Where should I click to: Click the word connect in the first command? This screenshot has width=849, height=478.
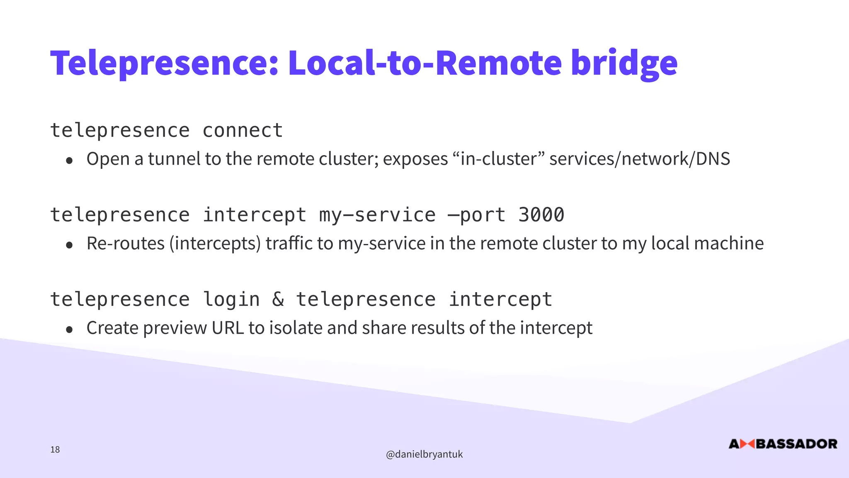pos(243,131)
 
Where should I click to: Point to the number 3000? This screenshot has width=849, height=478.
pos(541,215)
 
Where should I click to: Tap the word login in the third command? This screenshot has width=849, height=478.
pos(231,300)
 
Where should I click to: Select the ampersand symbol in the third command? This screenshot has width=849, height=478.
pos(278,300)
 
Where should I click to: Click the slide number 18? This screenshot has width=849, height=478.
pos(55,450)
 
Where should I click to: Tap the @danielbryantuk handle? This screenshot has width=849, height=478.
pos(424,454)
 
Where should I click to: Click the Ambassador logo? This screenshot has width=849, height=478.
pos(783,444)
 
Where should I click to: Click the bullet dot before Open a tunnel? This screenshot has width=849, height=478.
pos(69,161)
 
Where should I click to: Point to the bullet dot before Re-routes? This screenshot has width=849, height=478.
pos(69,245)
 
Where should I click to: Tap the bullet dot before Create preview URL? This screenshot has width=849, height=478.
pos(69,330)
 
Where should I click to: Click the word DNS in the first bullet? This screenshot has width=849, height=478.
pos(713,159)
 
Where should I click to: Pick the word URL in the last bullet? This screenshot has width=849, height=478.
pos(228,328)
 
